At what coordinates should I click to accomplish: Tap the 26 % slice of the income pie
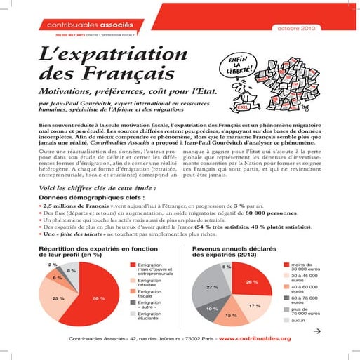click(x=251, y=281)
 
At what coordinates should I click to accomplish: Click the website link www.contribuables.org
click(x=255, y=338)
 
